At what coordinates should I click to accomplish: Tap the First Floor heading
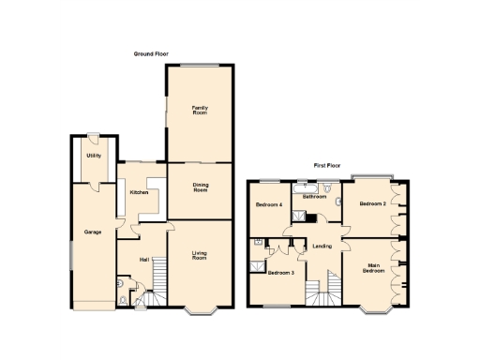point(327,165)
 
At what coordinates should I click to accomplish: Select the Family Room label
point(199,110)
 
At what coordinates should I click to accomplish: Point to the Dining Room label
point(199,187)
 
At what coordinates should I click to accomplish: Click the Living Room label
point(199,254)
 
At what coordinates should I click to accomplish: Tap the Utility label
point(94,155)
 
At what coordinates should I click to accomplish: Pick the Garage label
point(92,231)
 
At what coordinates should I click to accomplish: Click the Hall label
point(144,259)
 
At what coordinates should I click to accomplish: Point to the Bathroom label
point(313,197)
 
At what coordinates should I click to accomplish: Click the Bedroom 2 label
point(372,203)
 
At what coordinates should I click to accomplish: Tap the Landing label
point(322,247)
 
